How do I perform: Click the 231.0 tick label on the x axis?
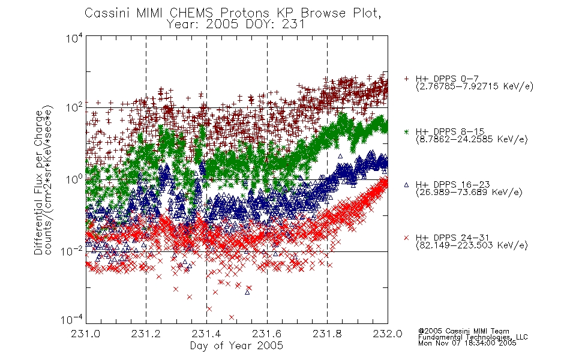pos(86,334)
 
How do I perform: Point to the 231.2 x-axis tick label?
pos(146,334)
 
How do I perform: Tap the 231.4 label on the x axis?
pos(206,334)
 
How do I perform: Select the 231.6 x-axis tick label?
pos(267,334)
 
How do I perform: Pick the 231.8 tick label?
pos(327,334)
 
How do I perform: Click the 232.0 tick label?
pos(388,334)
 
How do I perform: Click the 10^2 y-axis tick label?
pos(74,107)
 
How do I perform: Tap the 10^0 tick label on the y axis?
pos(74,179)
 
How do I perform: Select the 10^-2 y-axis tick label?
pos(72,251)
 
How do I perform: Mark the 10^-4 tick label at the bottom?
pos(72,319)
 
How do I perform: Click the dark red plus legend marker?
pos(406,79)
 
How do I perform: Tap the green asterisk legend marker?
pos(406,132)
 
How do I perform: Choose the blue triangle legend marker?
pos(406,185)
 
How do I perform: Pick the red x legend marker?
pos(406,238)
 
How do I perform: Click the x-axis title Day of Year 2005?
pos(236,346)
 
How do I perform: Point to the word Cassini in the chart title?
pos(108,13)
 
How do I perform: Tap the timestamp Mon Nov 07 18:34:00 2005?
pos(467,343)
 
